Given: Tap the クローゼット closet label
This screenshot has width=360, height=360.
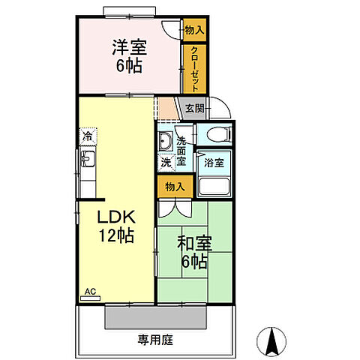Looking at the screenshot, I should [193, 67].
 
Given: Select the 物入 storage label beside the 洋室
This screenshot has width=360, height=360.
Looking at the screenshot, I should [193, 30].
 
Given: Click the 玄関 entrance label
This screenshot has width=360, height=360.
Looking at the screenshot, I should [194, 108].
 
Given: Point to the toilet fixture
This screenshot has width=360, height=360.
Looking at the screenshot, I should [217, 136].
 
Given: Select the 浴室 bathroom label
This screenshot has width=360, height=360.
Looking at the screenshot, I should [213, 161].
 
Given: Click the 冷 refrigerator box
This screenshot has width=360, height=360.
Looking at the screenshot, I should [88, 137].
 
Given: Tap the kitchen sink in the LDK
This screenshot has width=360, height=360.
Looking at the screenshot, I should [88, 160].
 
